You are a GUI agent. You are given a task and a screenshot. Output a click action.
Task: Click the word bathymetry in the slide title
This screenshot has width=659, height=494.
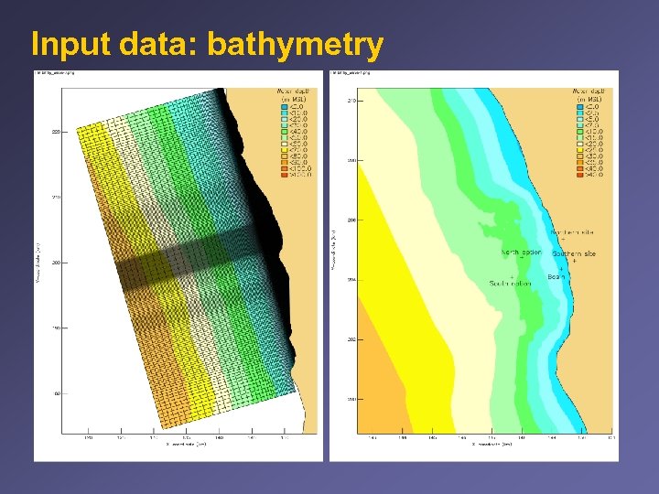tap(309, 43)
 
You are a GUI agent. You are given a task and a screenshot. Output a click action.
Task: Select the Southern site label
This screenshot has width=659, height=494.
tap(574, 252)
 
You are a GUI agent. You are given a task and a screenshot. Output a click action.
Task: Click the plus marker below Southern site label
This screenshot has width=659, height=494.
tap(573, 261)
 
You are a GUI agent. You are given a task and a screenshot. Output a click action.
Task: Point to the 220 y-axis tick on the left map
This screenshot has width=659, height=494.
tap(56, 132)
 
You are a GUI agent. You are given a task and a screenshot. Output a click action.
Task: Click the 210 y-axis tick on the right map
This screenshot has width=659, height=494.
tap(351, 100)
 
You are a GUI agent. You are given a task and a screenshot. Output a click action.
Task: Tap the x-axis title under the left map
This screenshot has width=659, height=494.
tap(188, 444)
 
